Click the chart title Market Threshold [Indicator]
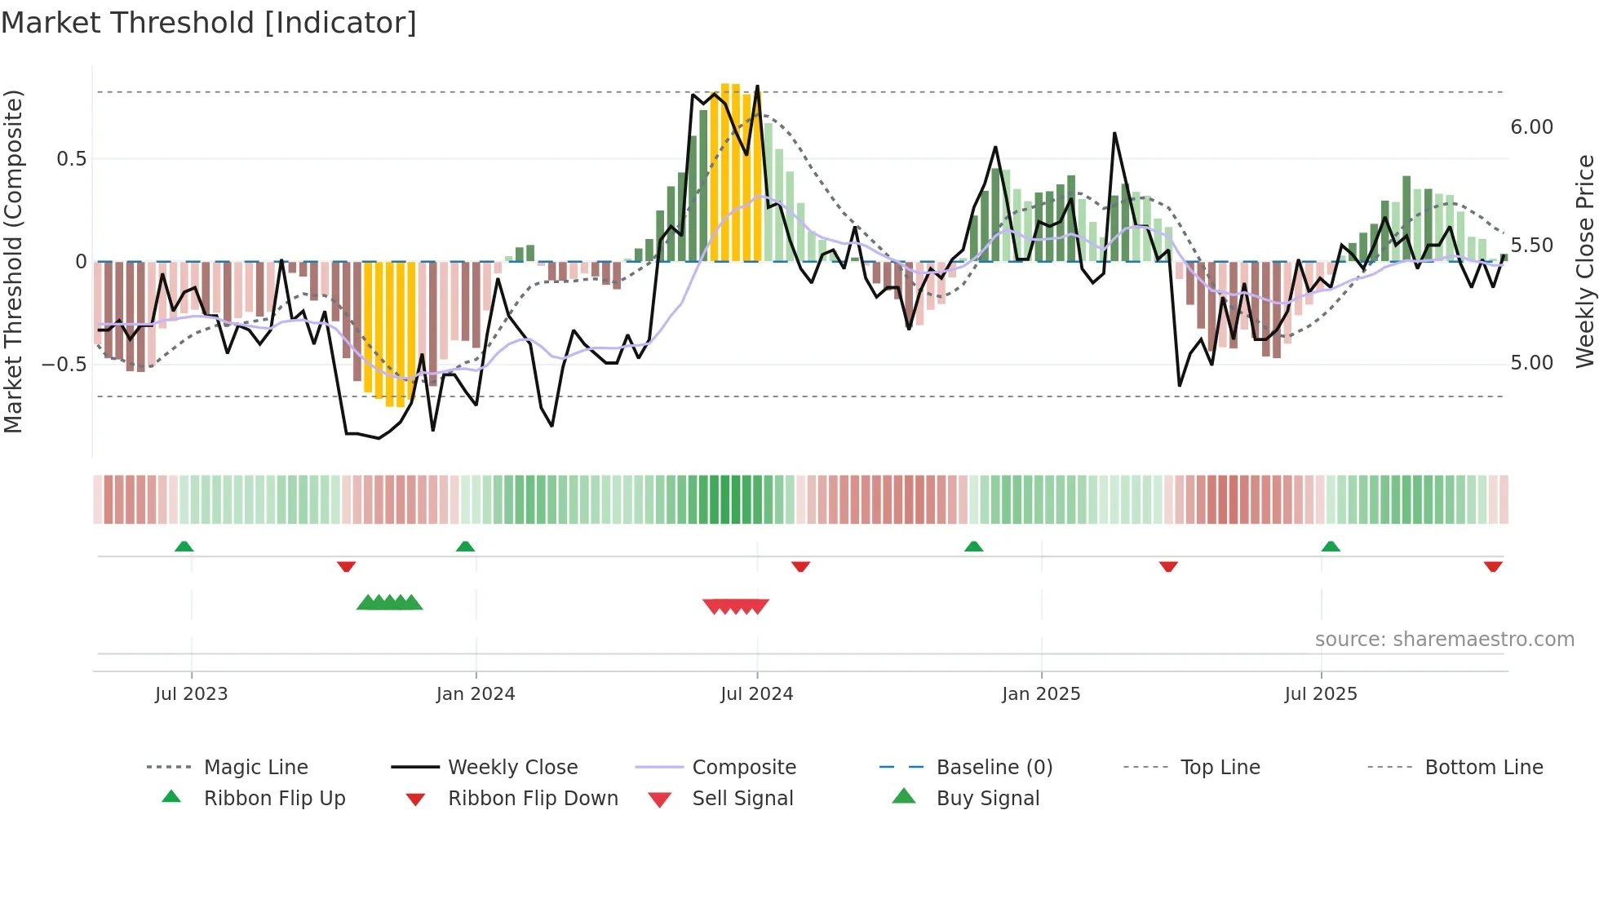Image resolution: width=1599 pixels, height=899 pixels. tap(209, 23)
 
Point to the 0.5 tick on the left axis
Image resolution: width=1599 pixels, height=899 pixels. tap(71, 159)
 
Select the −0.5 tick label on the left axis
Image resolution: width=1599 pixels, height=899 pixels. tap(64, 364)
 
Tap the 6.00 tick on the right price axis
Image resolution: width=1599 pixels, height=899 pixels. tap(1531, 127)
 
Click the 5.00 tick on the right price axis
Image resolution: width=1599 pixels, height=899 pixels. tap(1531, 363)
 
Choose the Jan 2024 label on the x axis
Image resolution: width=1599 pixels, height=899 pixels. tap(476, 694)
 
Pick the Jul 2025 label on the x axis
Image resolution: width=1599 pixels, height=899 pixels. tap(1321, 694)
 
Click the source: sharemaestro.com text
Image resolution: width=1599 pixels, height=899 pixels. tap(1444, 640)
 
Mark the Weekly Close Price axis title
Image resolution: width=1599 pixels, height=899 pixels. tap(1584, 261)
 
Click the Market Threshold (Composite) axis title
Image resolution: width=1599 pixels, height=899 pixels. tap(13, 261)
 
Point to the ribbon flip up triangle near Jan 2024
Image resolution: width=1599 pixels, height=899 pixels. tap(465, 547)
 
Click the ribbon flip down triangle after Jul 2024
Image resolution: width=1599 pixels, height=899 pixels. tap(800, 566)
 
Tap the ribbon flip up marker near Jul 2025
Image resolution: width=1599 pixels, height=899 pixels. tap(1331, 547)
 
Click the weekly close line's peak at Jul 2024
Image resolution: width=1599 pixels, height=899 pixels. tap(757, 86)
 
